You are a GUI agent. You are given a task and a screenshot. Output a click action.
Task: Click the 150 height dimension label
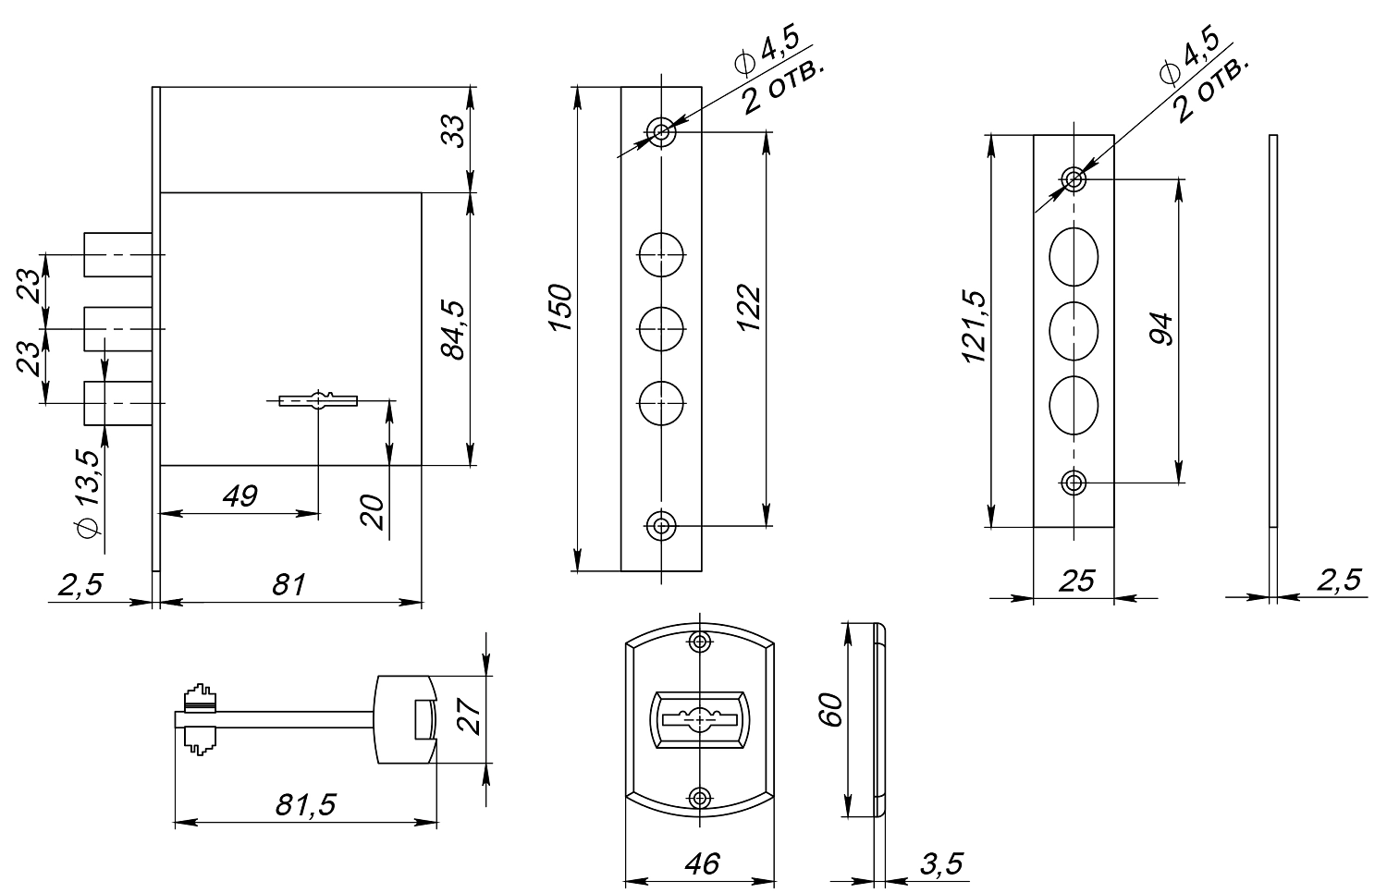[x=559, y=310]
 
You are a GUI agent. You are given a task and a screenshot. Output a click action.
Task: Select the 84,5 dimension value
[x=453, y=328]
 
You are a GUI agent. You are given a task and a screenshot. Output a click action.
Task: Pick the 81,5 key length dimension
[x=305, y=805]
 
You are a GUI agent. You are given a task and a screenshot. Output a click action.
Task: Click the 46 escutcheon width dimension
[x=700, y=864]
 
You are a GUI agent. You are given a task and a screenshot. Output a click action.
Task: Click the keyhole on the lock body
[x=318, y=400]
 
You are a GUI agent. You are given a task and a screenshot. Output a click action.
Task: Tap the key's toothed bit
[x=200, y=718]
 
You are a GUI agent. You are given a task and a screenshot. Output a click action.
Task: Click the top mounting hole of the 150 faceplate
[x=661, y=131]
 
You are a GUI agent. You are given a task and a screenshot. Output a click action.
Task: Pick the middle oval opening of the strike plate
[x=1074, y=330]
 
